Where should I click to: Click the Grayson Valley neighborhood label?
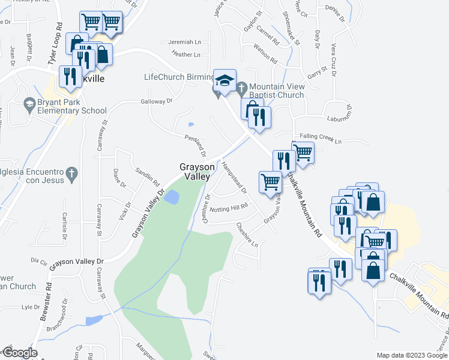pos(195,172)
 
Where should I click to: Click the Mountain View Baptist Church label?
pos(277,91)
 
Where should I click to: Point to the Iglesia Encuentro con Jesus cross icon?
pos(71,174)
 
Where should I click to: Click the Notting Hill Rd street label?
pos(229,207)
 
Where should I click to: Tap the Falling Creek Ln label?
pos(321,140)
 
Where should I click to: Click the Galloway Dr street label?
pos(157,101)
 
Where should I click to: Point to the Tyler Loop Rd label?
pos(55,44)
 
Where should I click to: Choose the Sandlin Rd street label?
pos(148,175)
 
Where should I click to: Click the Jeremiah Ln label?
pos(185,42)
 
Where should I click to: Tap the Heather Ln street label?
pos(185,54)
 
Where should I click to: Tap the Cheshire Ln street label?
pos(247,235)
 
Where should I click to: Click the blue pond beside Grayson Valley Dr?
pos(172,197)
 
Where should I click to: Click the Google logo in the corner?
pos(19,353)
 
